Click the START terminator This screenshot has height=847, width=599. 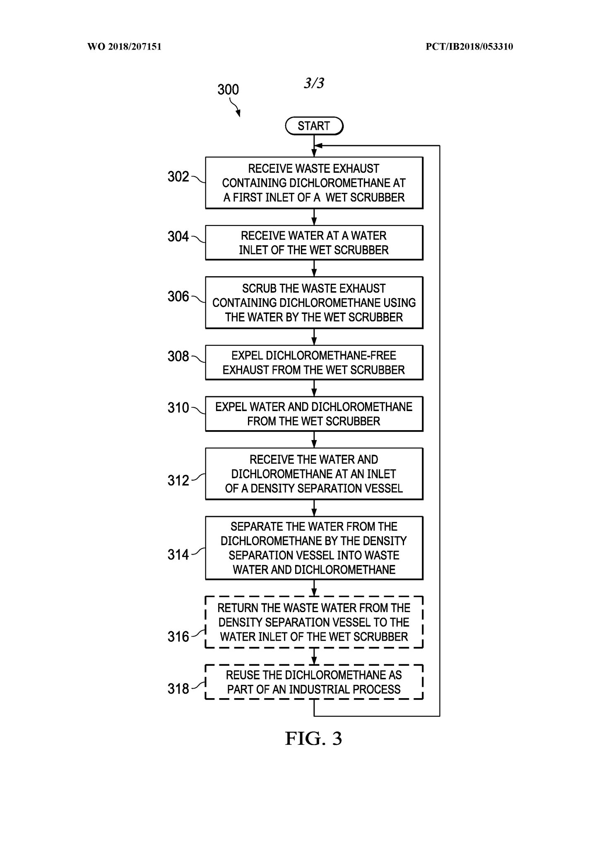coord(314,126)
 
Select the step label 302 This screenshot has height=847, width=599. coord(178,177)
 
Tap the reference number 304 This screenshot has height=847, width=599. coord(178,237)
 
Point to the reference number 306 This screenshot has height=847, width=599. coord(178,297)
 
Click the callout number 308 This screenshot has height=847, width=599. coord(178,356)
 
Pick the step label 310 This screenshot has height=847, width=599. coord(178,408)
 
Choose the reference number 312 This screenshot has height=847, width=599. coord(178,480)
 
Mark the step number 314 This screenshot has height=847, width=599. coord(178,555)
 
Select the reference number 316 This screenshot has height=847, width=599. coord(178,636)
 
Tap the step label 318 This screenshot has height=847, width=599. coord(178,689)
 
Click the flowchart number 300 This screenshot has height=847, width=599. coord(228,90)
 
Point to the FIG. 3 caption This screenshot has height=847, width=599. coord(313,739)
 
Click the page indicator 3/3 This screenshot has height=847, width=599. coord(314,83)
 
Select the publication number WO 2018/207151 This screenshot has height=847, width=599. coord(124,47)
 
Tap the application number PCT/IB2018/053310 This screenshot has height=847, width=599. coord(469,47)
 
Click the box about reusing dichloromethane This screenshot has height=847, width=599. coord(314,682)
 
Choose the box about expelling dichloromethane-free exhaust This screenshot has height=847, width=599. coord(314,363)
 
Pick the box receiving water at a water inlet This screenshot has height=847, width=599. coord(314,243)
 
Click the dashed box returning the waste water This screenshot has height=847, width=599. coord(314,622)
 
